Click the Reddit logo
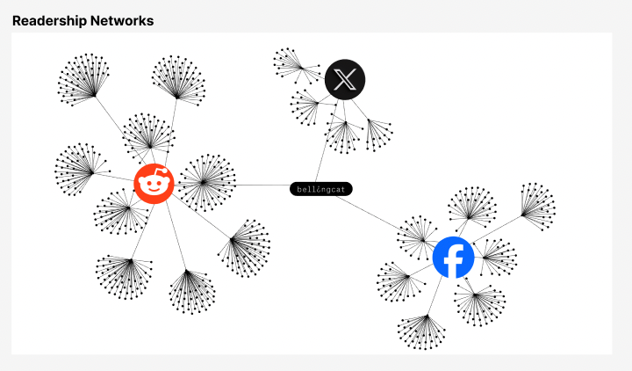[154, 184]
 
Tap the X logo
[345, 79]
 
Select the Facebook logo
[454, 258]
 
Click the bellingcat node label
[321, 189]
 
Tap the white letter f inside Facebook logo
[454, 259]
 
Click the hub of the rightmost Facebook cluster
[522, 215]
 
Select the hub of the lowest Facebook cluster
[427, 316]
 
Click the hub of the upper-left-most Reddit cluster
[94, 96]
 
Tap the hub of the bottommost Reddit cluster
[187, 271]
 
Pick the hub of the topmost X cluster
[301, 68]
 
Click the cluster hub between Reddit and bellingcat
[204, 183]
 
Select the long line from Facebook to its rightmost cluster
[497, 229]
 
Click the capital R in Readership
[17, 20]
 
